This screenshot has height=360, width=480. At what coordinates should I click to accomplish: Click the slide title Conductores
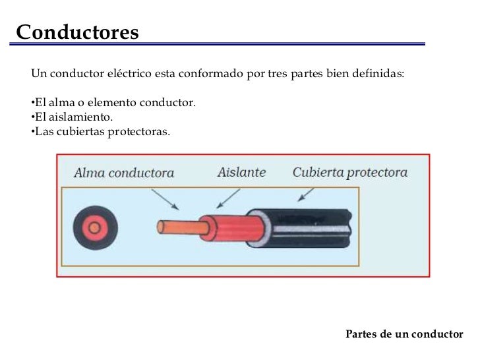(x=77, y=32)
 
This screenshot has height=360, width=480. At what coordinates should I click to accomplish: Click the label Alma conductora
(x=123, y=173)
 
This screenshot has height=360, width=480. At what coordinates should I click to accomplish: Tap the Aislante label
(x=241, y=172)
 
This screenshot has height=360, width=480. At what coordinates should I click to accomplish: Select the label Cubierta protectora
(x=349, y=173)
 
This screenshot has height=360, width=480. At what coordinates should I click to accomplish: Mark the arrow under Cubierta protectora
(x=305, y=194)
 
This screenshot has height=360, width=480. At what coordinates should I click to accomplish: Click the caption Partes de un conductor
(x=404, y=334)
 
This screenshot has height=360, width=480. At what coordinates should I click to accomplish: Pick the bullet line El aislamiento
(x=73, y=118)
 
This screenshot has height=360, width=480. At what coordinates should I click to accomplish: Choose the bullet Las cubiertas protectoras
(x=100, y=132)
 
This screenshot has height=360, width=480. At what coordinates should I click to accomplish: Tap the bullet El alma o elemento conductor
(x=113, y=104)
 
